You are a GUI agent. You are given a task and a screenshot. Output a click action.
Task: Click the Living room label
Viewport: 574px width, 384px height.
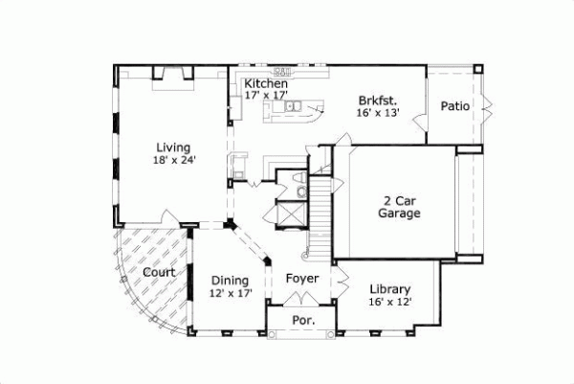pos(174,147)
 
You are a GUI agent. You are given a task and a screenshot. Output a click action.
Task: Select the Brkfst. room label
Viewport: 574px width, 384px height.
pos(378,100)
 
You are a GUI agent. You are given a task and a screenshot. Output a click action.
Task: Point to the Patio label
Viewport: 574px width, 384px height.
pos(454,106)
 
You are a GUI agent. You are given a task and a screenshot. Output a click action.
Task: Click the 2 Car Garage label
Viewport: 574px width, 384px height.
pos(398,209)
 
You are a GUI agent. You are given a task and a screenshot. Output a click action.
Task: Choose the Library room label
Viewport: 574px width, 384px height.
pos(390,289)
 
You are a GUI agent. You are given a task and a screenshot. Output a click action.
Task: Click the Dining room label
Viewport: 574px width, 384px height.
pos(231,281)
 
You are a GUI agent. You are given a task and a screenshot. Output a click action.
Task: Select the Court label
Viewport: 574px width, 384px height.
pos(158,273)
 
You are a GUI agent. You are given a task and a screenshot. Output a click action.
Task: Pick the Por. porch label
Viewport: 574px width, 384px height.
pos(302,322)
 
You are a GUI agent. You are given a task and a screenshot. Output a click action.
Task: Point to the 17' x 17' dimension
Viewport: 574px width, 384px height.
pos(266,96)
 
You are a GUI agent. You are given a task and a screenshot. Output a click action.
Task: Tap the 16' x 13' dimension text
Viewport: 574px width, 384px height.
pos(378,112)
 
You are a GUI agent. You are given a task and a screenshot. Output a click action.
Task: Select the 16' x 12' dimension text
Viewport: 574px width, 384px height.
pos(390,302)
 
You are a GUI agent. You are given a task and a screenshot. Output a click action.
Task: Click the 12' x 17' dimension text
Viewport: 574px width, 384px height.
pos(231,294)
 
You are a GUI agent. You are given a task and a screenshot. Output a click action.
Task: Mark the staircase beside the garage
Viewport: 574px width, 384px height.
pos(321,215)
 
